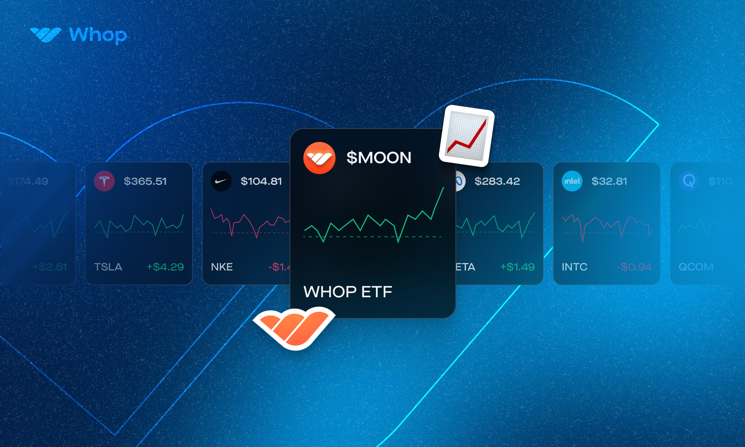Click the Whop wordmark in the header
tap(98, 35)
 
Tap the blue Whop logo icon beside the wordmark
tap(45, 35)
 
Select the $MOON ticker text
tap(379, 158)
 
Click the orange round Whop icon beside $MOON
tap(319, 158)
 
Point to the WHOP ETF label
tap(348, 292)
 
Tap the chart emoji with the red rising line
tap(467, 136)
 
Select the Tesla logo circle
tap(104, 181)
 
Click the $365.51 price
tap(145, 181)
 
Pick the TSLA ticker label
tap(108, 267)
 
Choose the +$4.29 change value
tap(165, 267)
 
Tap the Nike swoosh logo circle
tap(221, 181)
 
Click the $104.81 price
tap(261, 181)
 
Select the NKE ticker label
tap(222, 267)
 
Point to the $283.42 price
tap(497, 181)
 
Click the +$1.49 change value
tap(517, 267)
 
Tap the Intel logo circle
tap(572, 181)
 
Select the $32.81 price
tap(609, 181)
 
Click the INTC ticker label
tap(574, 267)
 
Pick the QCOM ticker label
tap(696, 267)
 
